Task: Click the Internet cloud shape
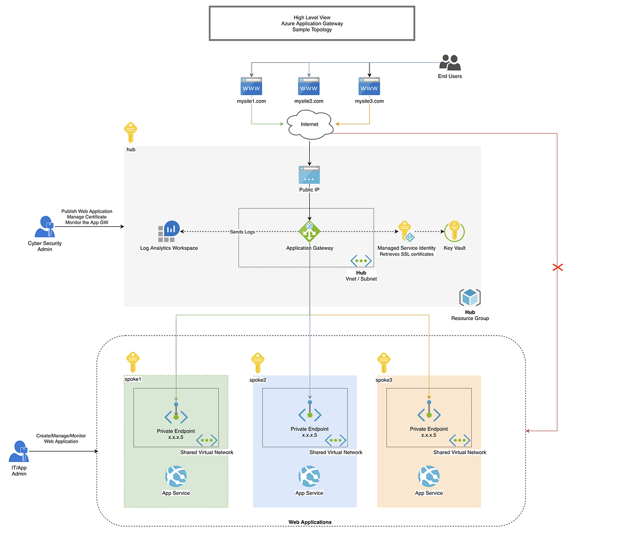(x=309, y=125)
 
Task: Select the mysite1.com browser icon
(x=251, y=86)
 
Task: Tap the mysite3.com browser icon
(x=369, y=86)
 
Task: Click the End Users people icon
(x=450, y=63)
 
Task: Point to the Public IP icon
(x=309, y=175)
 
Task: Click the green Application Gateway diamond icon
(x=309, y=232)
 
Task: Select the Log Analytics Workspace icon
(x=169, y=231)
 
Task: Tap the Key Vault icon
(x=454, y=231)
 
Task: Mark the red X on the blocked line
(x=558, y=268)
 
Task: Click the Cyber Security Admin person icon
(x=45, y=227)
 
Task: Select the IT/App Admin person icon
(x=19, y=451)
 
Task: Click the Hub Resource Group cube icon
(x=470, y=297)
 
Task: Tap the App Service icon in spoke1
(x=176, y=477)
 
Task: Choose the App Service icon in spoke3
(x=429, y=477)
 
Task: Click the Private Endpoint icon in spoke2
(x=310, y=414)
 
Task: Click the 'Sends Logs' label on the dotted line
(x=242, y=231)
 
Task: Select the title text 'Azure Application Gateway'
(x=312, y=24)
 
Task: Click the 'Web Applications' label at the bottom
(x=310, y=522)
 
